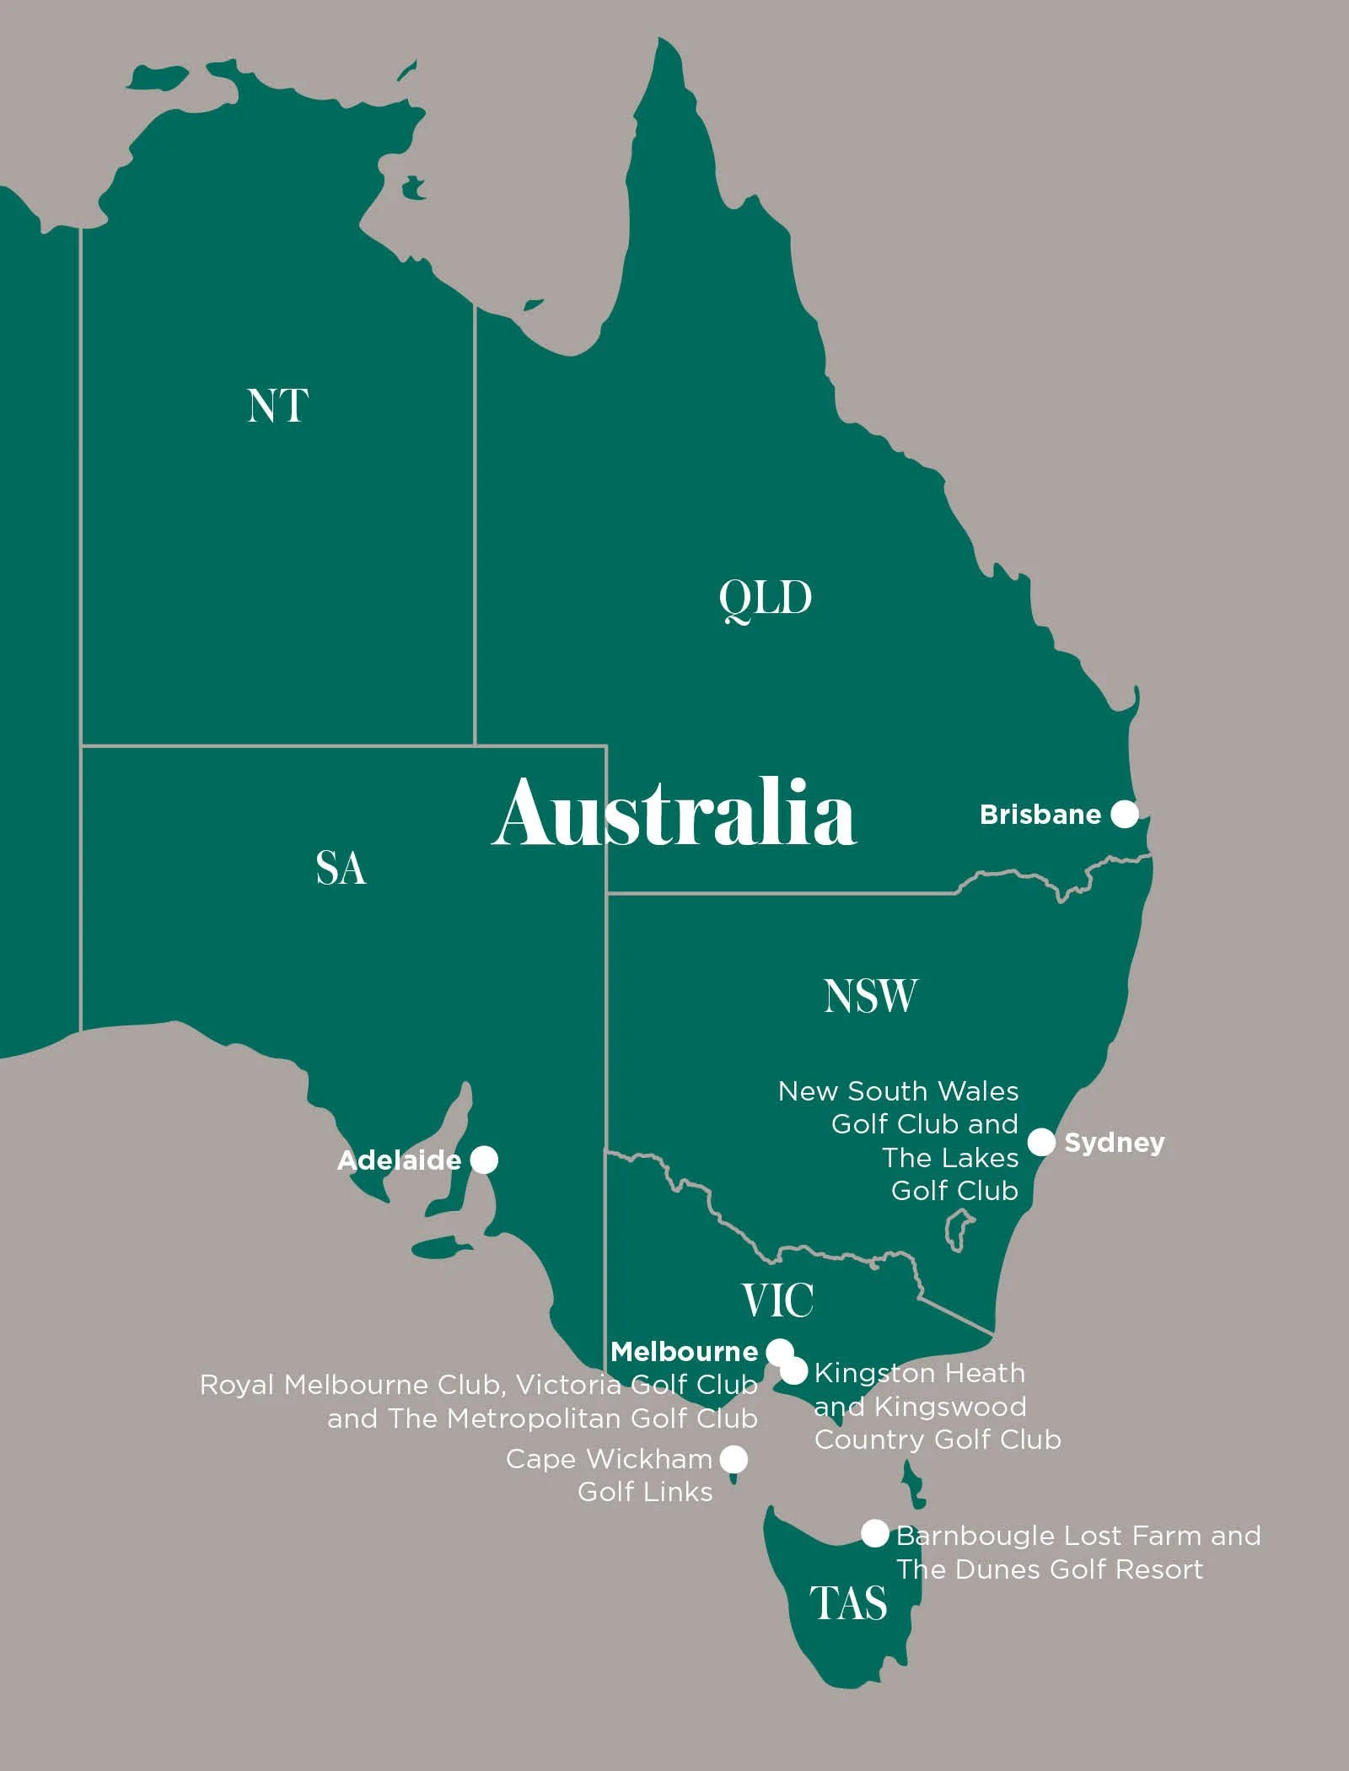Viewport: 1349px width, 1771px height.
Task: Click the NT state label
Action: (277, 406)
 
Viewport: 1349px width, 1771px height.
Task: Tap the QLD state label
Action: (765, 599)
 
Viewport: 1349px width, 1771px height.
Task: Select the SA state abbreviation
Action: (341, 869)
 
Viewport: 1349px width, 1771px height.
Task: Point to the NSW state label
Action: (870, 996)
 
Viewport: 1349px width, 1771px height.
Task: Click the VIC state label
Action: (777, 1300)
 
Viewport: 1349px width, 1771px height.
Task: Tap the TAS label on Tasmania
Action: (848, 1603)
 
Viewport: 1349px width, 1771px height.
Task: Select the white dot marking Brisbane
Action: (1125, 814)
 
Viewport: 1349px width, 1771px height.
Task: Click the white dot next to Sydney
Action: (1041, 1142)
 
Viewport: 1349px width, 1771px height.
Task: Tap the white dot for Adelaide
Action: (483, 1160)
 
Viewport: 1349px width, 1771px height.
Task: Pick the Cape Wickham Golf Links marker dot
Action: (734, 1458)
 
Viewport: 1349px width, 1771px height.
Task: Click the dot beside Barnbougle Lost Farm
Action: (874, 1533)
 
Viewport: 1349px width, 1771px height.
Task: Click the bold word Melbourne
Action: (684, 1352)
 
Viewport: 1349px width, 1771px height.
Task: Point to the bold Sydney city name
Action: (1114, 1143)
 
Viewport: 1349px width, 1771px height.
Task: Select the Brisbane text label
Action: (1040, 815)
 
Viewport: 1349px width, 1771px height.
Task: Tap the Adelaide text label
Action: (399, 1160)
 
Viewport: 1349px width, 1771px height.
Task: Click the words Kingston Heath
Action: (919, 1373)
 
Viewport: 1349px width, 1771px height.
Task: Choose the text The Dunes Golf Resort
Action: (1049, 1569)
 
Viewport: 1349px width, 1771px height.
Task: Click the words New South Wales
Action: (898, 1091)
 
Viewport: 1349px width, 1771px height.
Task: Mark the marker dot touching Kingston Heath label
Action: (794, 1372)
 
